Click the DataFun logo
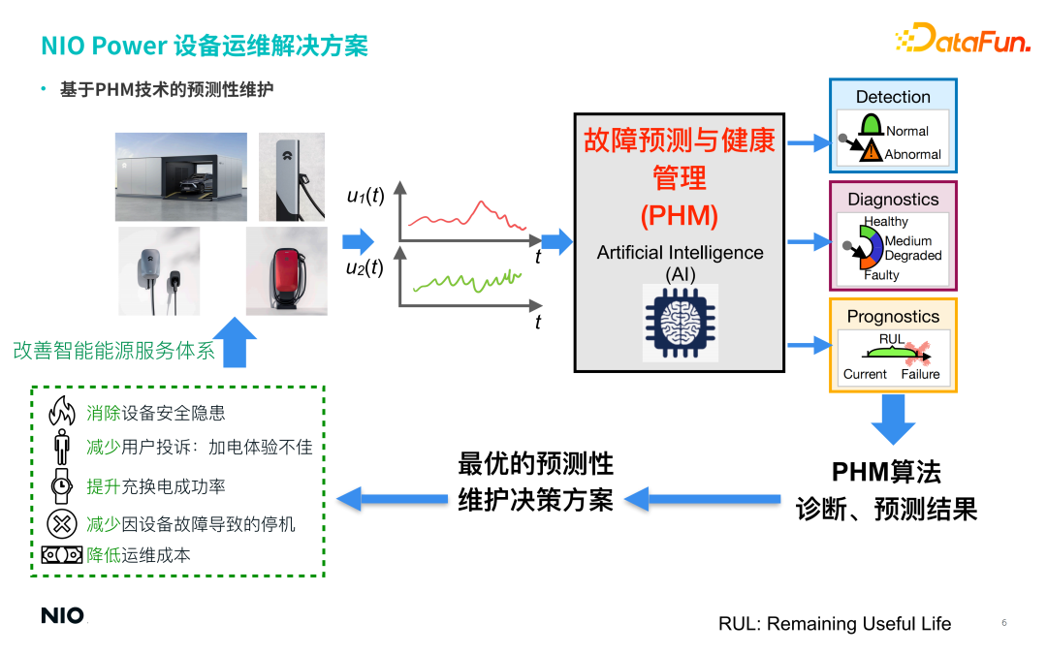[x=962, y=39]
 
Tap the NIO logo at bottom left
[x=62, y=615]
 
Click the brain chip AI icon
[x=681, y=323]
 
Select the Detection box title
[x=893, y=97]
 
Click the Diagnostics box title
[x=893, y=200]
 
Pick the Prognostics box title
[x=893, y=317]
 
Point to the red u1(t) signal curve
[x=465, y=215]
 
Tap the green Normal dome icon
[x=871, y=127]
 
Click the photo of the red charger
[x=286, y=270]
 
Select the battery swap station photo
[x=181, y=176]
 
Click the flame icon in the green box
[x=61, y=412]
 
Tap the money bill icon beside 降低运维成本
[x=61, y=555]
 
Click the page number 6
[x=1004, y=623]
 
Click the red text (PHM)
[x=679, y=214]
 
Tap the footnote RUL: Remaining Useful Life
[x=835, y=624]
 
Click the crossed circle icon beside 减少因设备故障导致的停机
[x=61, y=523]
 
